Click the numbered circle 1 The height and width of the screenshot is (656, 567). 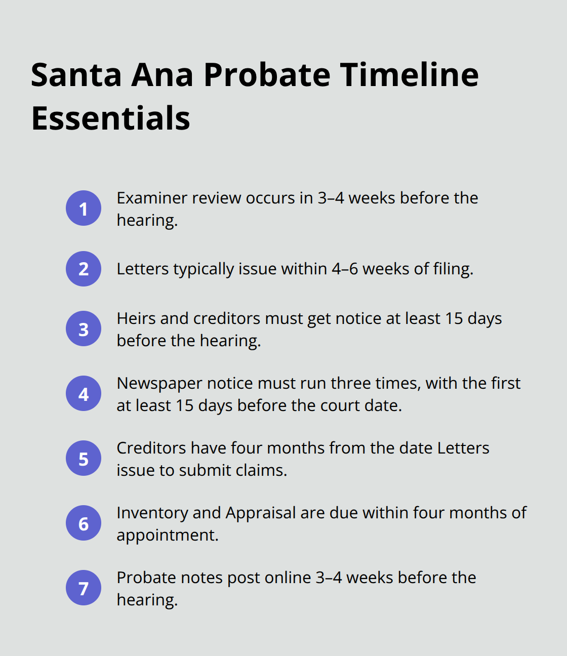coord(84,209)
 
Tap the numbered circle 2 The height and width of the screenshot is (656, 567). coord(84,269)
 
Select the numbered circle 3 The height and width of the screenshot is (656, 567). coord(84,329)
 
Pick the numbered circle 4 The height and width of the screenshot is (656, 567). coord(84,394)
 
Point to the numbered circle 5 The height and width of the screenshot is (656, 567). coord(84,459)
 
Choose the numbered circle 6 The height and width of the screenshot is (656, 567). coord(84,523)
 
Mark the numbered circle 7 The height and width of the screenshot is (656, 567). coord(84,588)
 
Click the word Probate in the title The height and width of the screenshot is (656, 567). coord(267,75)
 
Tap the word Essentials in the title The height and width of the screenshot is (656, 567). coord(110,118)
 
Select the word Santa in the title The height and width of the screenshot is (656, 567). coord(76,75)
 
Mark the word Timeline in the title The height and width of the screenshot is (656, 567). coord(409,75)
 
